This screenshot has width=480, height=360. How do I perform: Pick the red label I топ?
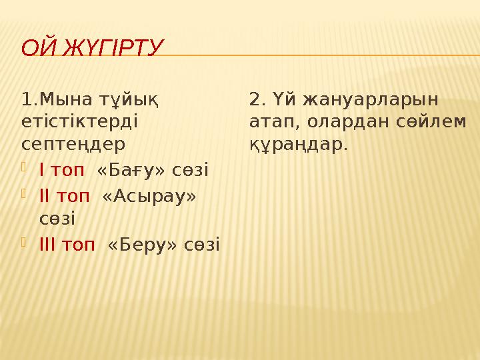tap(62, 170)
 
